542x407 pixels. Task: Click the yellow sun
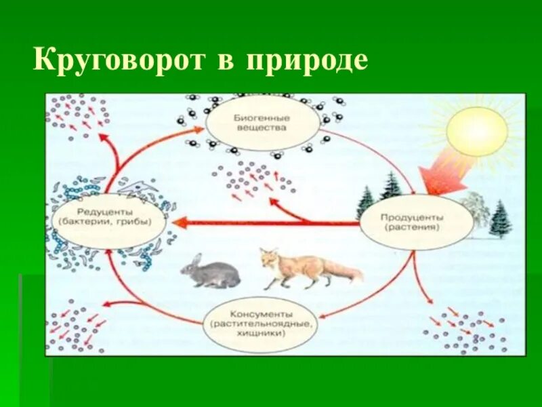pyautogui.click(x=477, y=131)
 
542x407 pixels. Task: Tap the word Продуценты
pyautogui.click(x=415, y=217)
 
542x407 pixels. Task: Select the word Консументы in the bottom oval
pyautogui.click(x=261, y=315)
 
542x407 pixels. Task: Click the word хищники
pyautogui.click(x=261, y=333)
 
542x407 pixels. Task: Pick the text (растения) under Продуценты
pyautogui.click(x=415, y=228)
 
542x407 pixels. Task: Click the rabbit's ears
pyautogui.click(x=195, y=259)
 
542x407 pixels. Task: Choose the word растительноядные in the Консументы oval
pyautogui.click(x=261, y=324)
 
